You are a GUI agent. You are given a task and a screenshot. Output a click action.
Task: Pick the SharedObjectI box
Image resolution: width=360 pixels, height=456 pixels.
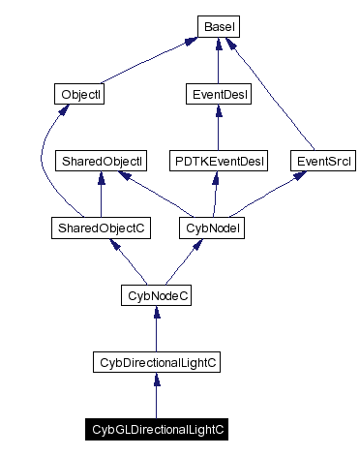click(102, 161)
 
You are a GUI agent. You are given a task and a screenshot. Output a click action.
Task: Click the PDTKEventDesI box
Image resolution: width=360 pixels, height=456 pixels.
click(218, 161)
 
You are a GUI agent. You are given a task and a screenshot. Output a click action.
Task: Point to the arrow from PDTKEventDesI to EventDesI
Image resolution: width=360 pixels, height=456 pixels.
click(218, 127)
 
